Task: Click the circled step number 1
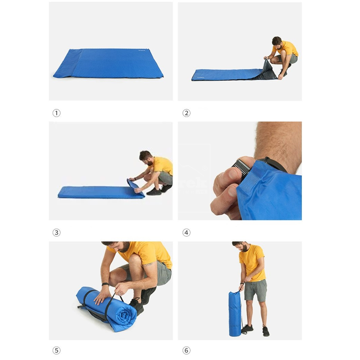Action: tap(56, 113)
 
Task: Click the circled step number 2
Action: tap(186, 113)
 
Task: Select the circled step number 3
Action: tap(56, 233)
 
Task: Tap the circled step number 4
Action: tap(186, 233)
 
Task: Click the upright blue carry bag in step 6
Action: tap(235, 314)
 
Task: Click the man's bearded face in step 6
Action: tap(239, 247)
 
